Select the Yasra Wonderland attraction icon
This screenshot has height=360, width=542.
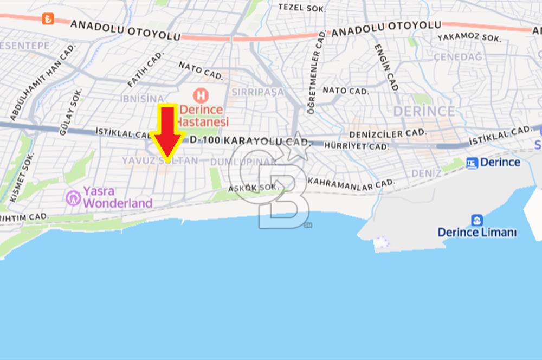pos(73,198)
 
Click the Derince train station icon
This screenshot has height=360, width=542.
pos(472,163)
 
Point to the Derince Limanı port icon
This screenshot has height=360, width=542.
pos(477,220)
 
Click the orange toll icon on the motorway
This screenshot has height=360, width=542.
pos(48,20)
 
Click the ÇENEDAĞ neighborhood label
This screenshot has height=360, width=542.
pos(458,57)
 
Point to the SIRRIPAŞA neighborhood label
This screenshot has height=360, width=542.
pos(257,92)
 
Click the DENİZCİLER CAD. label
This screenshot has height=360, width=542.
pos(387,133)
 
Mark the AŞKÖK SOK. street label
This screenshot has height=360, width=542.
pos(253,188)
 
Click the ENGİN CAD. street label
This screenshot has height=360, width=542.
pos(386,67)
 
